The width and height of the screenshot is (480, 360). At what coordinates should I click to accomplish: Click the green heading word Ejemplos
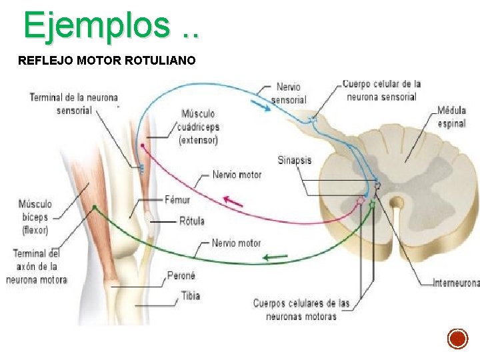coord(97,26)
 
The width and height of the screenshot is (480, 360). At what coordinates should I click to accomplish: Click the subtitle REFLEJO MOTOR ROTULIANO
coord(107,60)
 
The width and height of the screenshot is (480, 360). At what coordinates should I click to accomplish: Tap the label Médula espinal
coord(451,117)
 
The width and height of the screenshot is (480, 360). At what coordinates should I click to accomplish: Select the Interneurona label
coord(457,283)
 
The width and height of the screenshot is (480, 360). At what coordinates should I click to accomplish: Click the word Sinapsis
coord(295,160)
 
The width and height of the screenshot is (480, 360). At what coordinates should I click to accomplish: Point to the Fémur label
coord(177,200)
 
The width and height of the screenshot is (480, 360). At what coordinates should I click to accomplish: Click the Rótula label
coord(192,221)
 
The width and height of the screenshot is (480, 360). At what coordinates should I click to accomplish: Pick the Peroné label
coord(181,275)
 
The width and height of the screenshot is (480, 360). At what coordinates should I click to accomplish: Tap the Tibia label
coord(191,296)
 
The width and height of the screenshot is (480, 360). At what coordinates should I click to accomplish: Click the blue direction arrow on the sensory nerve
coord(261,105)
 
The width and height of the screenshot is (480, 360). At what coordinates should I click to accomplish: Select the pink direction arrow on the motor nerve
coord(233,202)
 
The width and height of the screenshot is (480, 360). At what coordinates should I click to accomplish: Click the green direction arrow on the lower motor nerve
coord(275,257)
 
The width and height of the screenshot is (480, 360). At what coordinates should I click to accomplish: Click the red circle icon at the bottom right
coord(457,339)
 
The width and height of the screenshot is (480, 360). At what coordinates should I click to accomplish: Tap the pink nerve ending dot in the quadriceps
coord(143,146)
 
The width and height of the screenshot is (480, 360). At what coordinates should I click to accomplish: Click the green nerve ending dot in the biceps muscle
coord(95,207)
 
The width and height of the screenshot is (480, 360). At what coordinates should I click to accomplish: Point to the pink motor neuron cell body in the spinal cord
coord(361,201)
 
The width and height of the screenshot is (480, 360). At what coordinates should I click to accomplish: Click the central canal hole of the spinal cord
coord(397,203)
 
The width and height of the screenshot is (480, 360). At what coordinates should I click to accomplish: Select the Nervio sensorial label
coord(289,93)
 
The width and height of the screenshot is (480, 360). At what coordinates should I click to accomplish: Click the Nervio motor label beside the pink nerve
coord(237,175)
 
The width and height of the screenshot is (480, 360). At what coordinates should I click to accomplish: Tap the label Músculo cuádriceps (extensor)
coord(199,127)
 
